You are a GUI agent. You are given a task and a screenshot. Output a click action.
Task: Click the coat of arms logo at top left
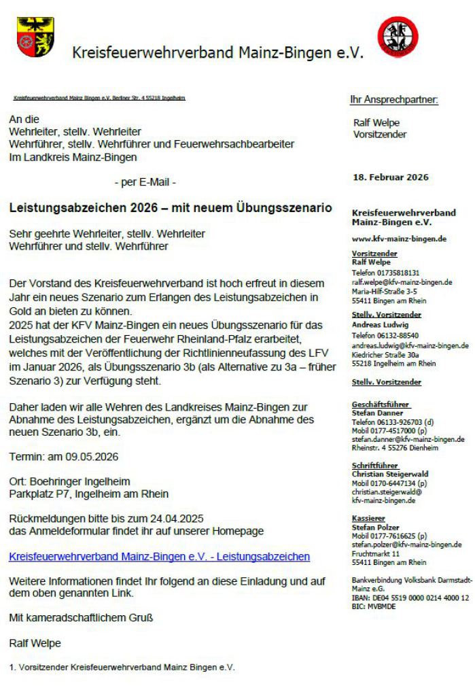(x=36, y=37)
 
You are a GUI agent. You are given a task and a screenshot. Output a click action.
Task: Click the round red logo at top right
(x=398, y=37)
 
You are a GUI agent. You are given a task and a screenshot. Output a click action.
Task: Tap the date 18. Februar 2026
(x=391, y=177)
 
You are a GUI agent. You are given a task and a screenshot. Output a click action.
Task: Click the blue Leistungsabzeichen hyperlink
(x=160, y=556)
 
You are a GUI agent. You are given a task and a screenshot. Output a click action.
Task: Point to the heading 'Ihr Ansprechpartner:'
(x=394, y=100)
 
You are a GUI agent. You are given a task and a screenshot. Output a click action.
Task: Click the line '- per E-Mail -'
(x=145, y=182)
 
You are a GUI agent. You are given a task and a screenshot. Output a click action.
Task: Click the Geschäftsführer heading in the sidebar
(x=378, y=404)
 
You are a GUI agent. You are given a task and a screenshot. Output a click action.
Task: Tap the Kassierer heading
(x=368, y=518)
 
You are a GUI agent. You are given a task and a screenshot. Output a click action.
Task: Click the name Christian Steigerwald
(x=390, y=474)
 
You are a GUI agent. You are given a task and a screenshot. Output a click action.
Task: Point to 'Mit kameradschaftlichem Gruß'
(x=82, y=618)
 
